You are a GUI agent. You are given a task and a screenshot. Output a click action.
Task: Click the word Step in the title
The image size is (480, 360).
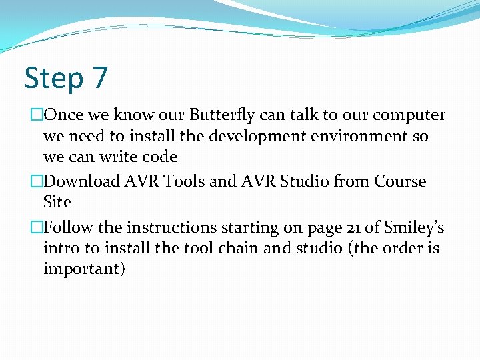point(53,79)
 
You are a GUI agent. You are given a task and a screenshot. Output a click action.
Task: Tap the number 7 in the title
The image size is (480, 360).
point(99,77)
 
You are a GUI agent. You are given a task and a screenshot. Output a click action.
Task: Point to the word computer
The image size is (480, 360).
point(409,115)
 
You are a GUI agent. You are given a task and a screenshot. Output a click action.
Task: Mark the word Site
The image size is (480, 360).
point(57,202)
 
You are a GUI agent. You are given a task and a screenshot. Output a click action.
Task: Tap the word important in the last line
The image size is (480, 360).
point(84,270)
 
